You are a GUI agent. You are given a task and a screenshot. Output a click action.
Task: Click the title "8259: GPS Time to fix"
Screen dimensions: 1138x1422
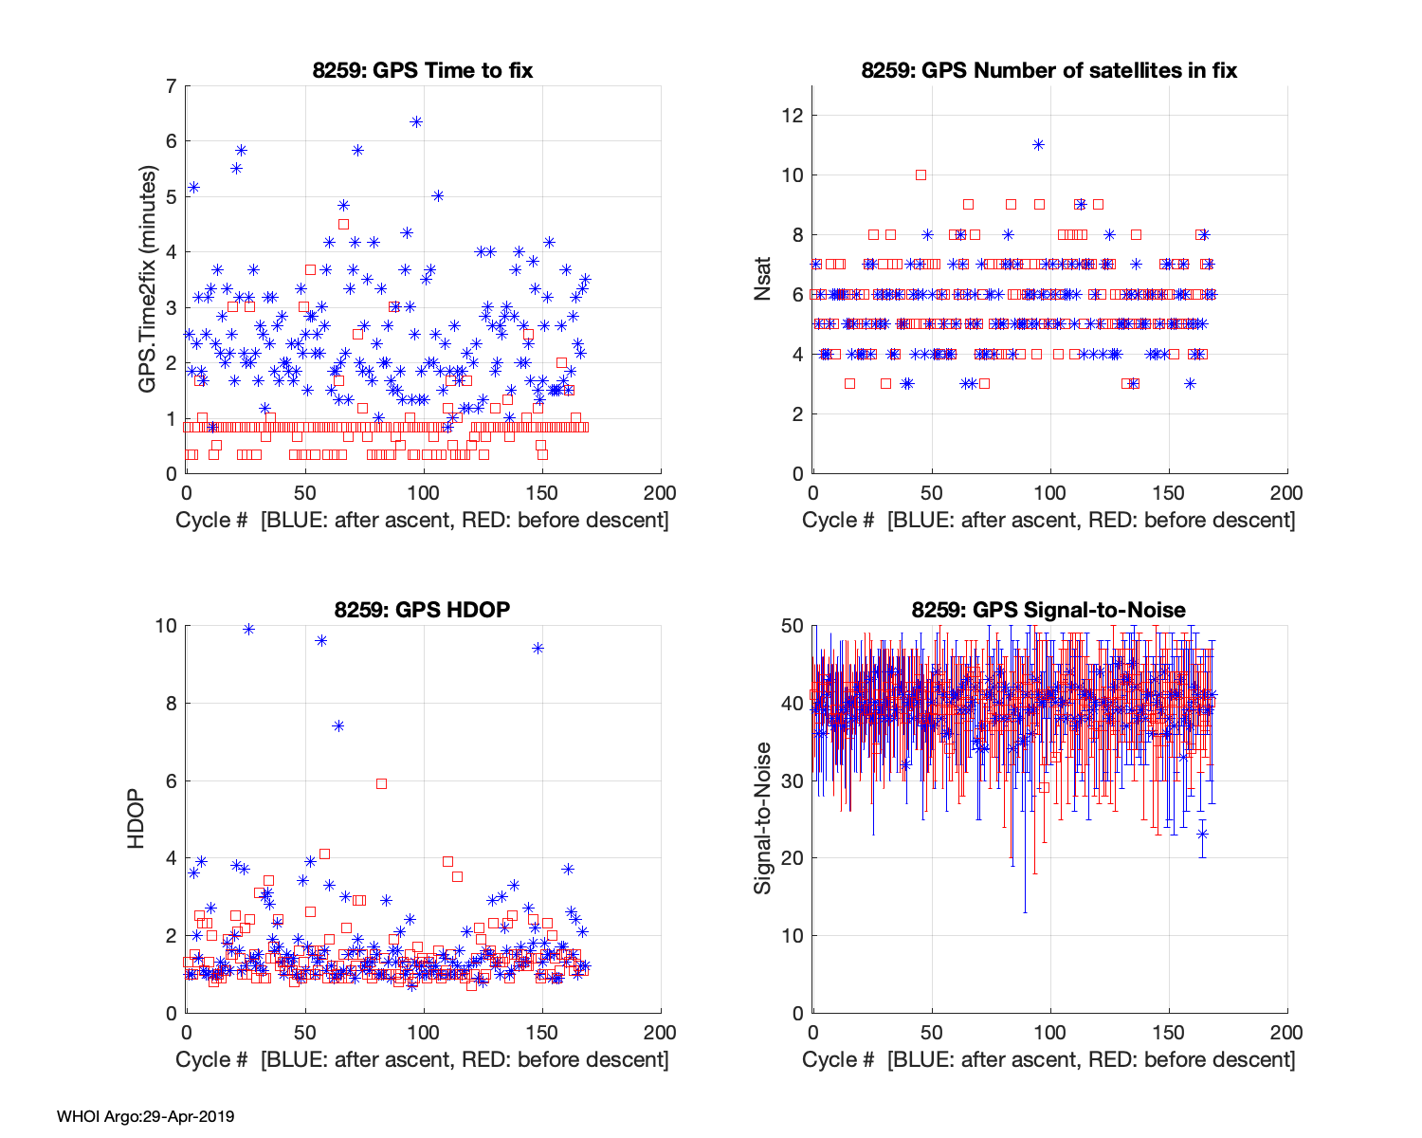coord(423,70)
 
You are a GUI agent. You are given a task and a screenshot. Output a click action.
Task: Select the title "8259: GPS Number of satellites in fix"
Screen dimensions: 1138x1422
coord(1048,70)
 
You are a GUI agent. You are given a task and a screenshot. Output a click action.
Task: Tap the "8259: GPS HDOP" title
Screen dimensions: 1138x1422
coord(423,610)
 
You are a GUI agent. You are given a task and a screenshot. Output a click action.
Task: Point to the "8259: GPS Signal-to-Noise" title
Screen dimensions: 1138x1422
coord(1048,610)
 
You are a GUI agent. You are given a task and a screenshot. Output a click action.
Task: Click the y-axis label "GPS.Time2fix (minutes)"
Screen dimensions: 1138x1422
coord(148,280)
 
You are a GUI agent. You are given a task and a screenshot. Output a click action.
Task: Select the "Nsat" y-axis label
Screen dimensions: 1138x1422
coord(763,280)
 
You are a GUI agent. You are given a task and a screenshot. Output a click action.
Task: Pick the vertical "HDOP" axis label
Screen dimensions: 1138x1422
coord(137,819)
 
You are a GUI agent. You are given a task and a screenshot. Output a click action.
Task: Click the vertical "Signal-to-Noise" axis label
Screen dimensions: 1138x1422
coord(763,819)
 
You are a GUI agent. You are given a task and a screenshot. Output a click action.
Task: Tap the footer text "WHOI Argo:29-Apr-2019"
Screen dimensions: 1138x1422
coord(145,1116)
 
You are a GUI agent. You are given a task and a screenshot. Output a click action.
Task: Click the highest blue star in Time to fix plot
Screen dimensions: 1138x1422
coord(415,121)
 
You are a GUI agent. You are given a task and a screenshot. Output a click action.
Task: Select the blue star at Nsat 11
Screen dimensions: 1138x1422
coord(1038,144)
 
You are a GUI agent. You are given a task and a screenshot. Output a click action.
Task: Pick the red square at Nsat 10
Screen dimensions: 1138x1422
coord(921,174)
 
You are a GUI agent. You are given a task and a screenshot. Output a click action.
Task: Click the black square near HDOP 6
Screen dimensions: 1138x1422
coord(381,783)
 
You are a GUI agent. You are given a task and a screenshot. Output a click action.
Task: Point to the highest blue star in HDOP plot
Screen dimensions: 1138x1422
coord(248,629)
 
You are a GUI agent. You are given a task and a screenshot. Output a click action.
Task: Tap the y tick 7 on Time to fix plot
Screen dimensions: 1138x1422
coord(171,86)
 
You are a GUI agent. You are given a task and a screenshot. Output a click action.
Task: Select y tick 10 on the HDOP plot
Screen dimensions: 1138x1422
coord(166,626)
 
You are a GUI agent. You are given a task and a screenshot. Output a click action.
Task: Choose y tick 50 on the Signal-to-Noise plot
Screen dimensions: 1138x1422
coord(793,626)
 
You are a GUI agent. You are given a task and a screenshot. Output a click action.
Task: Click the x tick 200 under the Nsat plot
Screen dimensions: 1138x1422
coord(1286,493)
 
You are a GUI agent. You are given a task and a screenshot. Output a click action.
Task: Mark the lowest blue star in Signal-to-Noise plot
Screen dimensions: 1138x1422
coord(1202,834)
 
